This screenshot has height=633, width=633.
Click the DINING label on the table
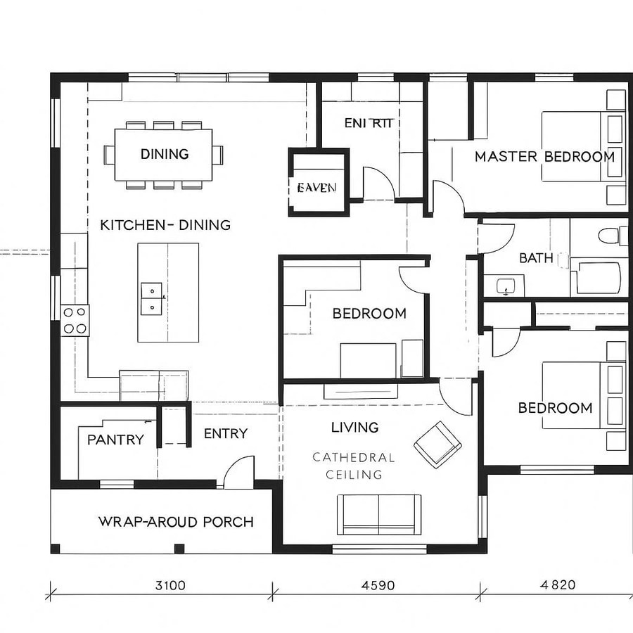[164, 154]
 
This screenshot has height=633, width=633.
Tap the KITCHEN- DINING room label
[165, 225]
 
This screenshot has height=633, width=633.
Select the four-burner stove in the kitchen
[75, 320]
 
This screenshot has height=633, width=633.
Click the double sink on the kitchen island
[151, 298]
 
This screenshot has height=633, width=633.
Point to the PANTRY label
[115, 440]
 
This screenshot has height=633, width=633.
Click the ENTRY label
[225, 434]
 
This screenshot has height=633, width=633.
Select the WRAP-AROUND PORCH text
[176, 522]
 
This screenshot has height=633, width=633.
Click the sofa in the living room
[379, 513]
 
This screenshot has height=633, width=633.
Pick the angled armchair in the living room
[437, 443]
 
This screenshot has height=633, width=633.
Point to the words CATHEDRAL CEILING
[354, 466]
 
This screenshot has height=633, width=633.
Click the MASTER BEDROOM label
[544, 156]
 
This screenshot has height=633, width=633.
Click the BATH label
[536, 258]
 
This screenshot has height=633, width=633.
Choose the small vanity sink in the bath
[506, 286]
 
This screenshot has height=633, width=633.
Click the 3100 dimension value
[170, 585]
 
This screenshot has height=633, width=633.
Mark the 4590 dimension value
[378, 585]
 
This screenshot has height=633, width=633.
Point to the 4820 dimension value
[558, 585]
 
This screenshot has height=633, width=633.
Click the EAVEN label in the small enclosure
[316, 188]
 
